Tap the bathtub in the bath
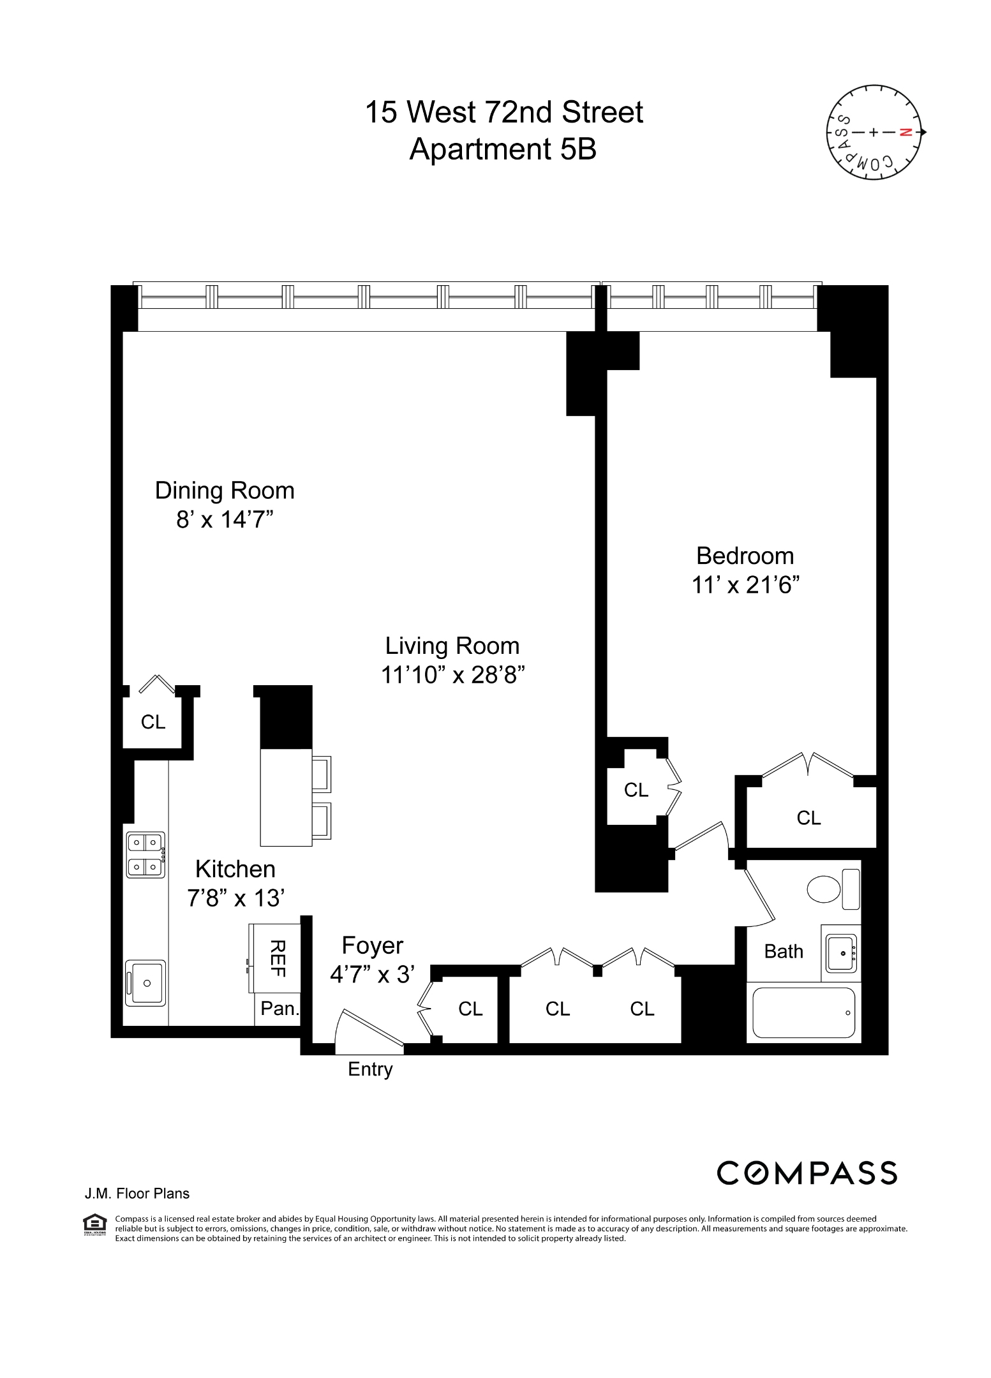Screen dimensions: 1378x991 pyautogui.click(x=803, y=1012)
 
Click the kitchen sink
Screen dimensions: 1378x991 pyautogui.click(x=146, y=983)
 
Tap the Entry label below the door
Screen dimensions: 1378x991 pyautogui.click(x=370, y=1069)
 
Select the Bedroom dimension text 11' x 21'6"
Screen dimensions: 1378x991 pyautogui.click(x=745, y=584)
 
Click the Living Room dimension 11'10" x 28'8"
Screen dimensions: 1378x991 pyautogui.click(x=452, y=674)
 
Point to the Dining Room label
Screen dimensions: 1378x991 pyautogui.click(x=225, y=491)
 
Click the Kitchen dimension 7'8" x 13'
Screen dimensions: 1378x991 pyautogui.click(x=235, y=898)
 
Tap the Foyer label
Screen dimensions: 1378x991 pyautogui.click(x=373, y=945)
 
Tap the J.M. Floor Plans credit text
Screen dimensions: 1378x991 pyautogui.click(x=137, y=1194)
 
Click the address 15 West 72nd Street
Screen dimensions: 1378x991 pyautogui.click(x=503, y=112)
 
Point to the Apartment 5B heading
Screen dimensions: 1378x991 pyautogui.click(x=503, y=149)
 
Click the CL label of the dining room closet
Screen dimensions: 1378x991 pyautogui.click(x=153, y=722)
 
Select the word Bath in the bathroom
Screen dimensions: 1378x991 pyautogui.click(x=784, y=951)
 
